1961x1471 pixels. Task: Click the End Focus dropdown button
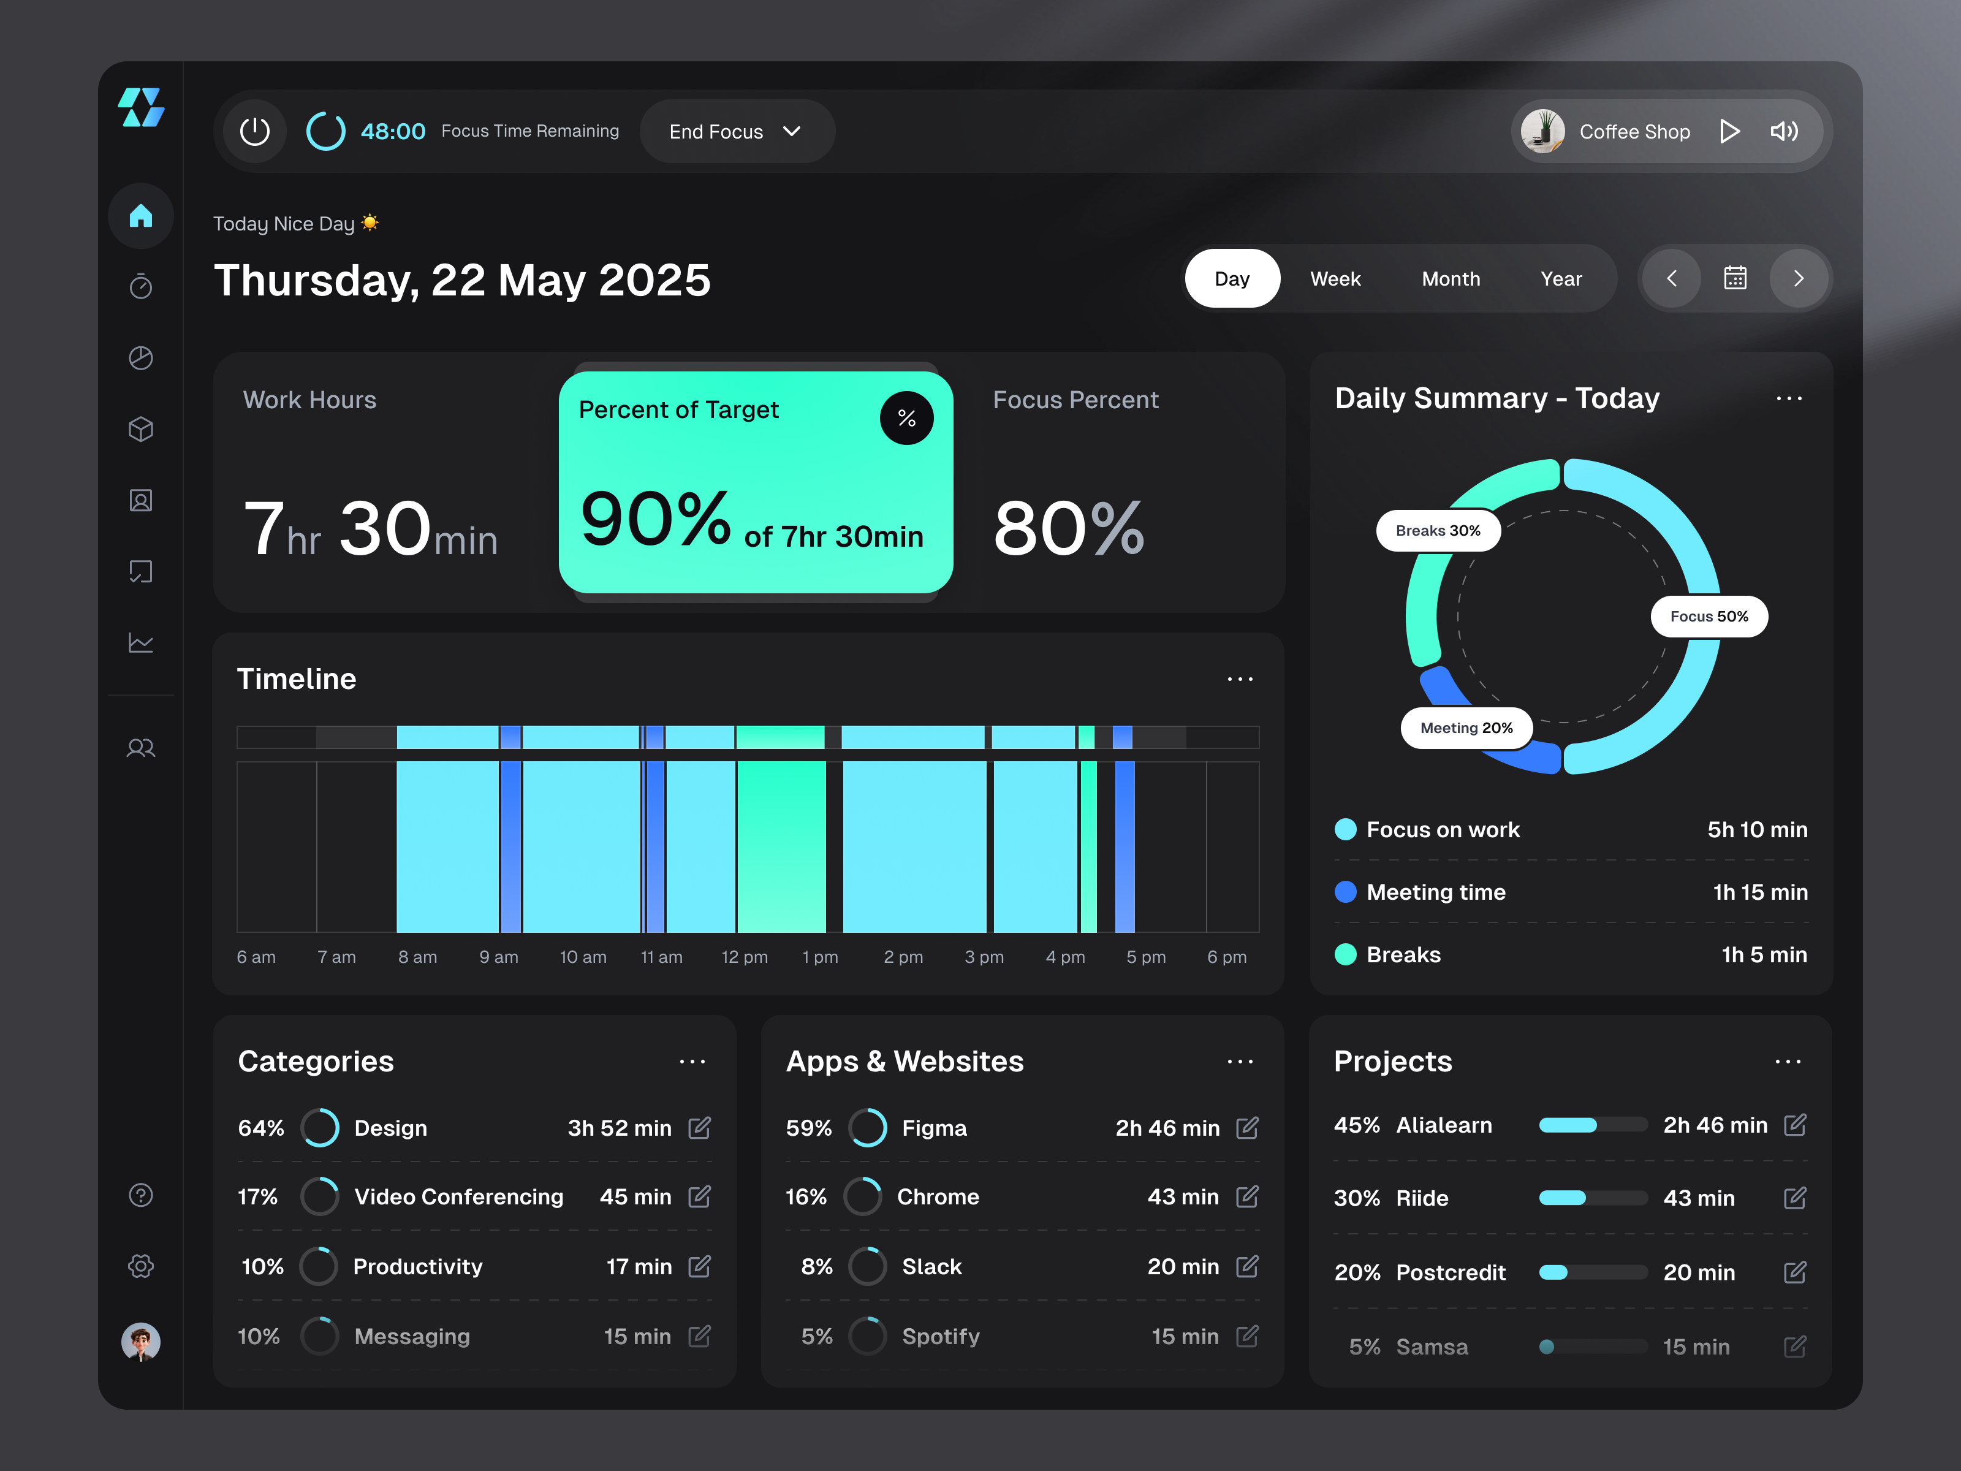[x=735, y=131]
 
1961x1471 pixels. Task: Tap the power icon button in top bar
[x=254, y=131]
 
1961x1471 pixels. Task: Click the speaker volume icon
[x=1784, y=131]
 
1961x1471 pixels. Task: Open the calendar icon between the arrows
[x=1734, y=278]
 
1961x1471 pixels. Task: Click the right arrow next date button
[x=1798, y=278]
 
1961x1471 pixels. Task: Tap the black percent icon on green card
[x=906, y=417]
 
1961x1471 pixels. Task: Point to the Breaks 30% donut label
[x=1437, y=530]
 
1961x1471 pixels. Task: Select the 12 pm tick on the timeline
[x=744, y=957]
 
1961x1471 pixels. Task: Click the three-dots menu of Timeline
[x=1239, y=679]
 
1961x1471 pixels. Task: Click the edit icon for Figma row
[x=1246, y=1127]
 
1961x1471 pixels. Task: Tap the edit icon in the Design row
[x=699, y=1127]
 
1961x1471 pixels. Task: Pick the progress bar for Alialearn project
[x=1592, y=1125]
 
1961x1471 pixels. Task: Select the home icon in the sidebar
[x=141, y=216]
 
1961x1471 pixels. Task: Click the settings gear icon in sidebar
[x=141, y=1265]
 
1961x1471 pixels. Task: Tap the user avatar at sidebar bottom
[x=141, y=1340]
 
